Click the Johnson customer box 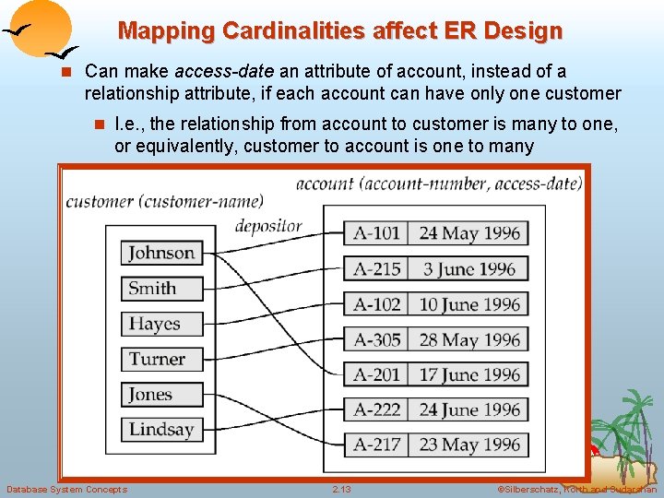pos(161,253)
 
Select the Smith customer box pos(161,288)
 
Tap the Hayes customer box pos(161,324)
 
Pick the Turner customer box pos(161,359)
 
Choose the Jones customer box pos(161,394)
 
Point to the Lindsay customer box pos(161,429)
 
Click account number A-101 pos(377,232)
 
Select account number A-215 pos(377,268)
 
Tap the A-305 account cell pos(377,339)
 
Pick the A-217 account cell pos(377,445)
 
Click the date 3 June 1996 pos(469,268)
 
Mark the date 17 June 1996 pos(469,374)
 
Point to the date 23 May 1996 pos(469,445)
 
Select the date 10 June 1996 pos(469,304)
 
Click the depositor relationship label pos(268,225)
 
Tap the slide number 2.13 pos(342,489)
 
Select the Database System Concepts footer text pos(67,489)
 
